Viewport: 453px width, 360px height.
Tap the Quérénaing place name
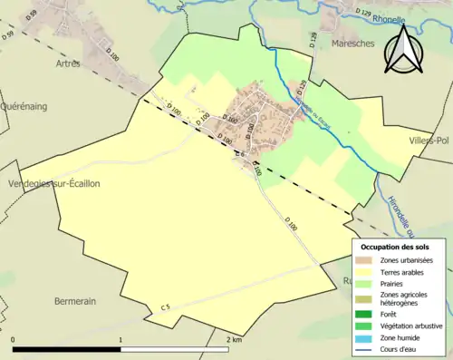(x=24, y=106)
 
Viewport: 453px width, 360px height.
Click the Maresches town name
(x=352, y=43)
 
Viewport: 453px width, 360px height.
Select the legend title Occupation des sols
(x=395, y=247)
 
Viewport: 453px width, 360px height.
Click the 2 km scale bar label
(x=233, y=340)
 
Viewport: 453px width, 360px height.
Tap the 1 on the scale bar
(x=120, y=340)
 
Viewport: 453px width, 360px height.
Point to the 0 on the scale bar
(x=13, y=340)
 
